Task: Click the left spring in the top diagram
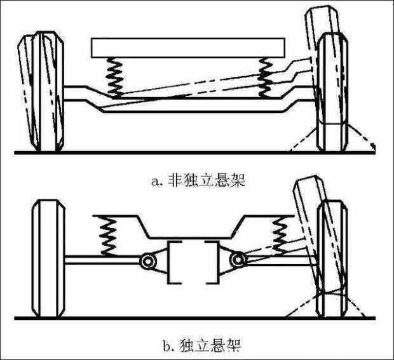(x=115, y=76)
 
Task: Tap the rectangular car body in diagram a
(x=189, y=47)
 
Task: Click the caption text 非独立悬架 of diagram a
(x=206, y=180)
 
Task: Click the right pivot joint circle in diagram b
(x=239, y=259)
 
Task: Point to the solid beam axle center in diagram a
(x=191, y=105)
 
